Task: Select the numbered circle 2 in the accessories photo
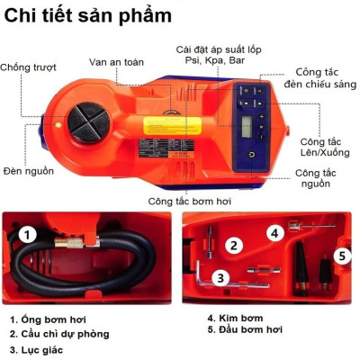233,245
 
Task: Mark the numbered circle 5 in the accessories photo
343,255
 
